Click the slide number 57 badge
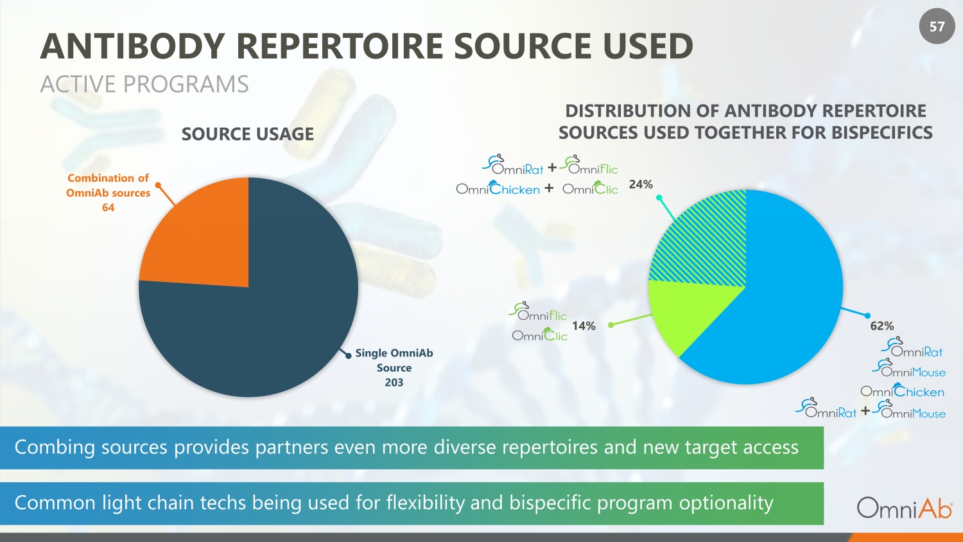(937, 26)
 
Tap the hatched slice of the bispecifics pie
(706, 244)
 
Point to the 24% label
(641, 184)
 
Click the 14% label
(584, 326)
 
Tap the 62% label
(881, 326)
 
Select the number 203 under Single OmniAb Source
(394, 383)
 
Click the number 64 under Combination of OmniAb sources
(108, 207)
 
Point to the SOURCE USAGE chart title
(247, 134)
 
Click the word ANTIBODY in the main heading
(132, 46)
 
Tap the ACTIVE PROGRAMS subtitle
(144, 84)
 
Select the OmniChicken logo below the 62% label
(902, 391)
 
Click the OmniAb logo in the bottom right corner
(904, 507)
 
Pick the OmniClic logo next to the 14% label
(540, 335)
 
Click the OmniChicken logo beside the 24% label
(498, 189)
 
